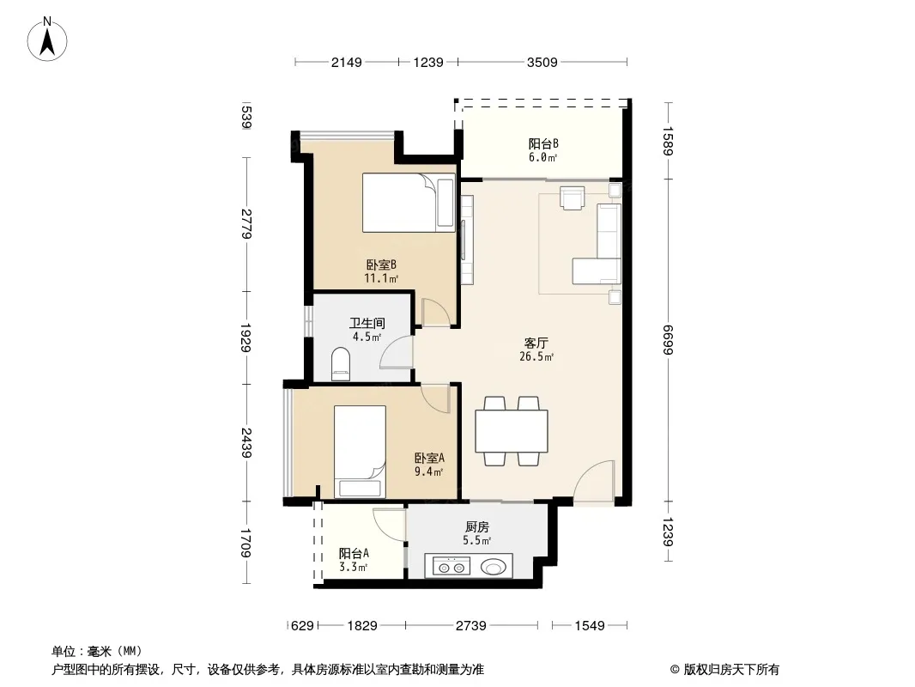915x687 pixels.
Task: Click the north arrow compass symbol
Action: tap(47, 40)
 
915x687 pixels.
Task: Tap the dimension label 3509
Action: tap(542, 62)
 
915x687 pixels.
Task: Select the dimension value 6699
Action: tap(669, 339)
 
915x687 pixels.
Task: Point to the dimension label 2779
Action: tap(246, 223)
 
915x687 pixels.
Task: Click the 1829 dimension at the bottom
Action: tap(362, 626)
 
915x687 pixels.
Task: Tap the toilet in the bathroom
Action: tap(340, 364)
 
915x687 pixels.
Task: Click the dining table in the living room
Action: tap(512, 431)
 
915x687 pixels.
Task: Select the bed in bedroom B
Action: tap(409, 203)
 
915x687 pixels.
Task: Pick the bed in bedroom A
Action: tap(360, 451)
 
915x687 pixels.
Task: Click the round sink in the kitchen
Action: tap(494, 567)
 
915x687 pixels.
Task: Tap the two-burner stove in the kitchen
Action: tap(451, 567)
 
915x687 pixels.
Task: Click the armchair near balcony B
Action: tap(572, 198)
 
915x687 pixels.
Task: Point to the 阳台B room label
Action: tap(544, 143)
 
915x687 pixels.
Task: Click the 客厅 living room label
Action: tap(536, 343)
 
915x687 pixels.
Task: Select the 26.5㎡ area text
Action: tap(536, 356)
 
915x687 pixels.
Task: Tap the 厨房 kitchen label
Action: tap(477, 527)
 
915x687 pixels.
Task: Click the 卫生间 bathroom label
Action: tap(367, 323)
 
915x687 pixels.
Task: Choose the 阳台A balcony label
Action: tap(354, 553)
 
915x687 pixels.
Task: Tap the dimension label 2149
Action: tap(347, 62)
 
